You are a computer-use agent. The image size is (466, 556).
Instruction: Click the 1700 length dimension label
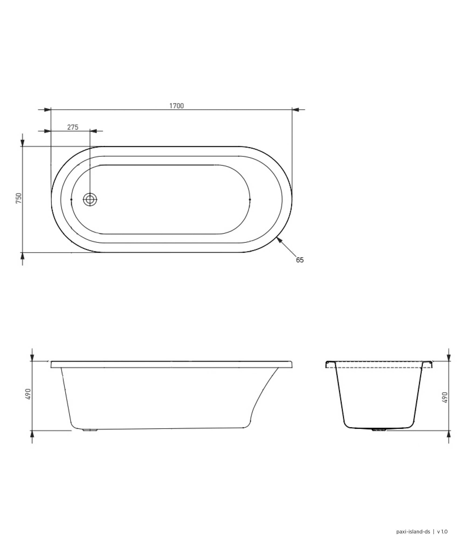[x=176, y=106]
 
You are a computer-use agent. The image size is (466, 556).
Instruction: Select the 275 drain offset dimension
[x=72, y=127]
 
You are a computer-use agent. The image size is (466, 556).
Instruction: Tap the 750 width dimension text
[x=19, y=198]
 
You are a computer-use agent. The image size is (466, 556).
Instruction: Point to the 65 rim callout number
[x=300, y=260]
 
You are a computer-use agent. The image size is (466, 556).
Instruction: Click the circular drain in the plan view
[x=90, y=199]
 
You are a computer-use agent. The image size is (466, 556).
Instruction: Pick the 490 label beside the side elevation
[x=28, y=394]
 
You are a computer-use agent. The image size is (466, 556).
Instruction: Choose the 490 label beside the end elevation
[x=445, y=397]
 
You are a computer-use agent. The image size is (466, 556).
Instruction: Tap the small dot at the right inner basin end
[x=250, y=199]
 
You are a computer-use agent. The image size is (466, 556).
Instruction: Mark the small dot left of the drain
[x=71, y=199]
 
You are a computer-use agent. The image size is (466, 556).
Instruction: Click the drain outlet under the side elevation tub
[x=90, y=430]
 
